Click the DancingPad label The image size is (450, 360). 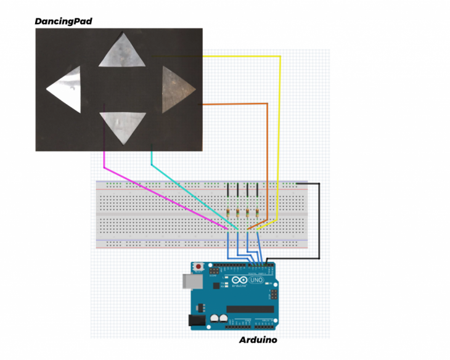63,22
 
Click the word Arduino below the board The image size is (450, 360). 258,340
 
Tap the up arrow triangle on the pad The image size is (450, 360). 122,51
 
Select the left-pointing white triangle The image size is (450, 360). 66,90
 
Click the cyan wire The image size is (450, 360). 185,189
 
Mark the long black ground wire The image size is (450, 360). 319,222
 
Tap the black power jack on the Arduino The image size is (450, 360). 195,320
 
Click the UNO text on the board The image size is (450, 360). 255,281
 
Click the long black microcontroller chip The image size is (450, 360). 250,309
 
